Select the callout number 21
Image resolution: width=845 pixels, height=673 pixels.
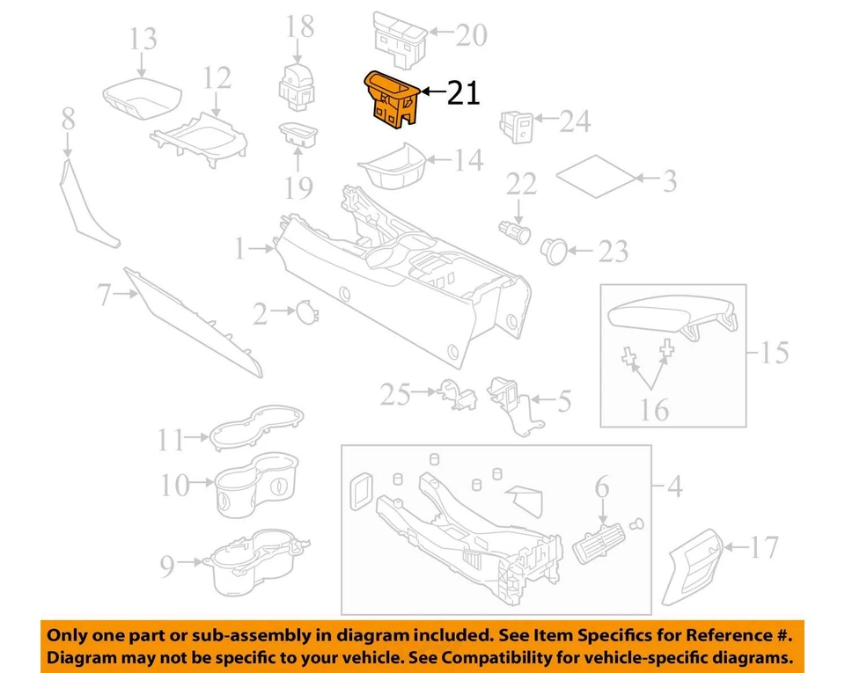tap(463, 92)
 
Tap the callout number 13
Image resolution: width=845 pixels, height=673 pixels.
tap(143, 40)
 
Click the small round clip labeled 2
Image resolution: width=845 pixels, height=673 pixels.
tap(305, 311)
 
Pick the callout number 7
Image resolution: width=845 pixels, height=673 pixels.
tap(105, 296)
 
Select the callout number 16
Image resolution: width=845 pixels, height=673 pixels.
tap(655, 409)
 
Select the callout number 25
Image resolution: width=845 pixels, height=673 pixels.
tap(395, 395)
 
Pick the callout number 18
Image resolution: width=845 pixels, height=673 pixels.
tap(300, 26)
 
